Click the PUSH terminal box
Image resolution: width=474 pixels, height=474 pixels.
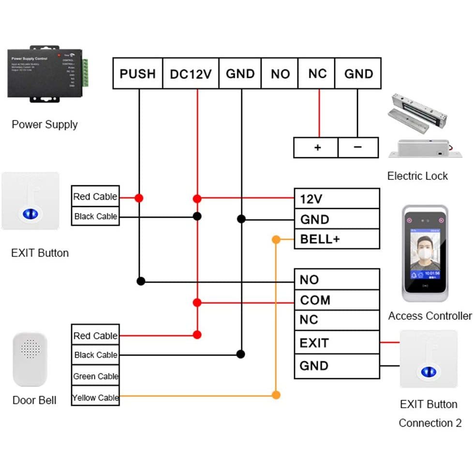point(138,74)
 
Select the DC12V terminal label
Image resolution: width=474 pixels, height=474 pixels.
point(191,74)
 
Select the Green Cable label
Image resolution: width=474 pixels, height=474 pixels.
point(95,376)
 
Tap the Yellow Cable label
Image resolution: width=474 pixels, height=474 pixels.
point(95,398)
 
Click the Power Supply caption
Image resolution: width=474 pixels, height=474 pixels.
point(44,125)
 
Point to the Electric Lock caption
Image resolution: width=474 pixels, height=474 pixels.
point(417,176)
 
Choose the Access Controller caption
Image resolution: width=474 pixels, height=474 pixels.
point(430,316)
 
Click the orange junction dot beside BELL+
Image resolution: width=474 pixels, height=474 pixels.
point(276,239)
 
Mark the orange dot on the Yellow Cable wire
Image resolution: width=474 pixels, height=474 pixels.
point(276,395)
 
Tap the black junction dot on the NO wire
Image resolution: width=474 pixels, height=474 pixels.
point(141,281)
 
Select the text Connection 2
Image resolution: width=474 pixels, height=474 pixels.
point(430,423)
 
